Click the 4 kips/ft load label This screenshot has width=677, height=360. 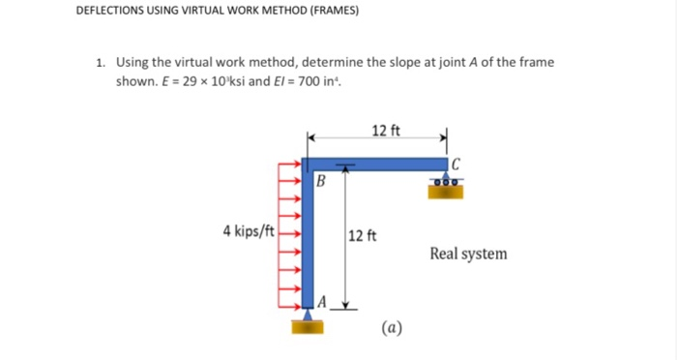pos(249,231)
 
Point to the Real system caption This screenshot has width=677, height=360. pos(468,254)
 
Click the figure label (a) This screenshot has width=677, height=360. pos(393,327)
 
